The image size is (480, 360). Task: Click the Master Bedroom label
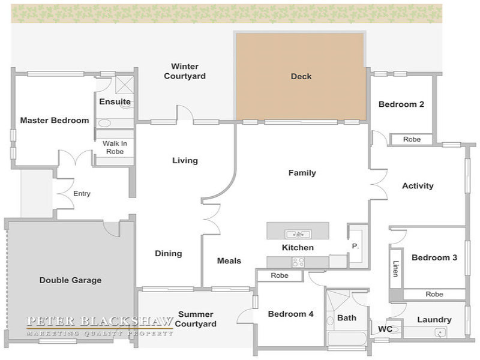point(55,121)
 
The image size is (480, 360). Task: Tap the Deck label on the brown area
point(301,76)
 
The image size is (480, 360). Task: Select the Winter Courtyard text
point(185,71)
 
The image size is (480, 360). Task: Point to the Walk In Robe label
point(115,147)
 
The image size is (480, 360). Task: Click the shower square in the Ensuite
point(124,85)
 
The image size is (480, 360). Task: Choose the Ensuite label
point(115,101)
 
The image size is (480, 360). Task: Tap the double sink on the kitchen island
point(298,234)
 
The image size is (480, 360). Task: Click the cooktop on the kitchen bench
point(298,262)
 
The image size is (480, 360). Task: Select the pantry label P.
point(355,246)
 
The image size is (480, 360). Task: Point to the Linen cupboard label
point(395,269)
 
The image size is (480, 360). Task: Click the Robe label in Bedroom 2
point(412,139)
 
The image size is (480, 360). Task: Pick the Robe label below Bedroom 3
point(434,294)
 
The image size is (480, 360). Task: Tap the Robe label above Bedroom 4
point(280,275)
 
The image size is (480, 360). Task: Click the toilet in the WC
point(395,329)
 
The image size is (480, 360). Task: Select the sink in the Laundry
point(440,332)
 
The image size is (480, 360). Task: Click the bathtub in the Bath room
point(347,338)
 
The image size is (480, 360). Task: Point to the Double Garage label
point(70,280)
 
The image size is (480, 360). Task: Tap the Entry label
point(82,193)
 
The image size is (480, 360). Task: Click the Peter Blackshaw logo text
point(100,321)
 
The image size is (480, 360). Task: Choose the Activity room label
point(418,186)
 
